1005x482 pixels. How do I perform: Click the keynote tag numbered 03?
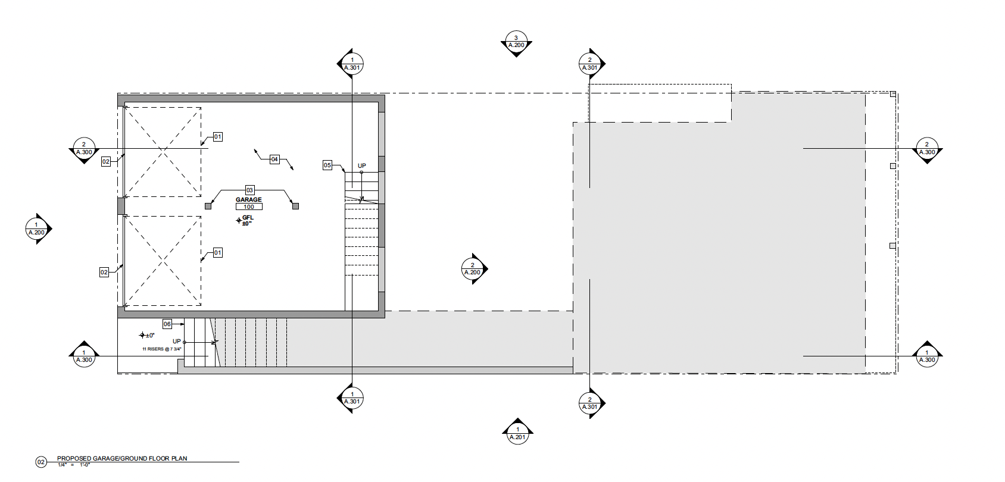tap(249, 190)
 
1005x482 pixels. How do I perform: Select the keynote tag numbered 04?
tap(274, 159)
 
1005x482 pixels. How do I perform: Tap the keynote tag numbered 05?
tap(327, 165)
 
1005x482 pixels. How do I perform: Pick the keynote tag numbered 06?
tap(167, 324)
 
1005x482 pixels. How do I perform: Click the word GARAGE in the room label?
tap(249, 200)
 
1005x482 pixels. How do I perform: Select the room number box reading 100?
tap(249, 207)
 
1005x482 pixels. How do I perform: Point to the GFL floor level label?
tap(247, 220)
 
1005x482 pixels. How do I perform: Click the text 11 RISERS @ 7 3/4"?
tap(161, 349)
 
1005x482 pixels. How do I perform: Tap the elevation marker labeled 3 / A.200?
tap(516, 42)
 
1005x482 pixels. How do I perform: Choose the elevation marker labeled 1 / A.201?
tap(517, 433)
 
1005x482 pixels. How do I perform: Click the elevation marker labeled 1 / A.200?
tap(36, 229)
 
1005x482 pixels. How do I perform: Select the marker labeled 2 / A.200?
tap(473, 269)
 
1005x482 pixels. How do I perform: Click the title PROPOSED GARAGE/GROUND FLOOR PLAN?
tap(122, 458)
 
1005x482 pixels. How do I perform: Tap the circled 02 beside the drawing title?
tap(41, 462)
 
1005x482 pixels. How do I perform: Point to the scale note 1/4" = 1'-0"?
tap(73, 465)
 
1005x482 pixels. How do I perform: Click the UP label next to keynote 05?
tap(362, 166)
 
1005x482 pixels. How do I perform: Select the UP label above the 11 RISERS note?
tap(177, 342)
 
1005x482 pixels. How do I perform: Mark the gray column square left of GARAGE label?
tap(208, 206)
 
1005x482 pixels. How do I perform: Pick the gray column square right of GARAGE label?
tap(295, 206)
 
